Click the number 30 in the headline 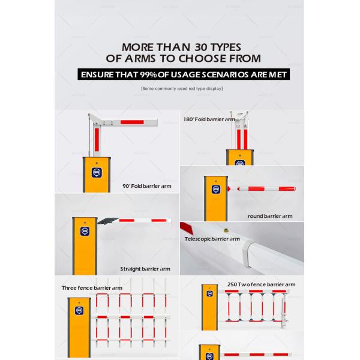(202, 47)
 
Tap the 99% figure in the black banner (148, 74)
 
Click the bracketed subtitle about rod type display (182, 89)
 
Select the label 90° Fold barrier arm (147, 186)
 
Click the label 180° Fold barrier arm (209, 119)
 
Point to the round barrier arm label (270, 216)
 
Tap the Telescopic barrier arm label (212, 239)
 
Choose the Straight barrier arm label (145, 269)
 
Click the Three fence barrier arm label (92, 288)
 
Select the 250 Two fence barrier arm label (261, 284)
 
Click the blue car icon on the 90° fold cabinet (97, 173)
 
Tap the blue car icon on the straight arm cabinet (85, 231)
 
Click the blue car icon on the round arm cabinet (216, 190)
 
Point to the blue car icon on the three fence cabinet (79, 311)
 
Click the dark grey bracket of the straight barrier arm (107, 221)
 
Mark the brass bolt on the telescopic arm (226, 230)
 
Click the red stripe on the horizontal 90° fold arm (132, 122)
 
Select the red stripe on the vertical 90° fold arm (97, 140)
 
